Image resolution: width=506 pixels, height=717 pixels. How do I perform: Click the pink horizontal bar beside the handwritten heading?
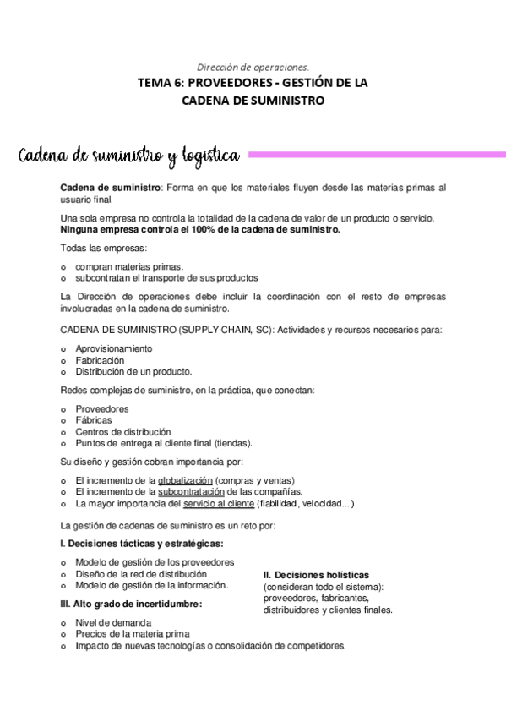pos(375,155)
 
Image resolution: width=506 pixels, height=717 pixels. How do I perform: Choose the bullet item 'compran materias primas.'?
pos(128,265)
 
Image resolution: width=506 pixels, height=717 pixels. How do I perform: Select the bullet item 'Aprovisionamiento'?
pos(113,348)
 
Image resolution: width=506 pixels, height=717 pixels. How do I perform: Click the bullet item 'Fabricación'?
pos(100,359)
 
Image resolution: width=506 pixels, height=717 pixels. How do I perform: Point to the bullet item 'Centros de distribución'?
pos(122,431)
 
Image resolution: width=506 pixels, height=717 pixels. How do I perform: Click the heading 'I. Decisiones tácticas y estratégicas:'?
pos(142,543)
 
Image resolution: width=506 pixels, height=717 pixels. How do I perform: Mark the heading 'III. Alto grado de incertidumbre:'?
pos(131,604)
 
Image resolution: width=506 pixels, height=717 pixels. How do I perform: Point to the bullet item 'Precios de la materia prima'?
pos(133,633)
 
